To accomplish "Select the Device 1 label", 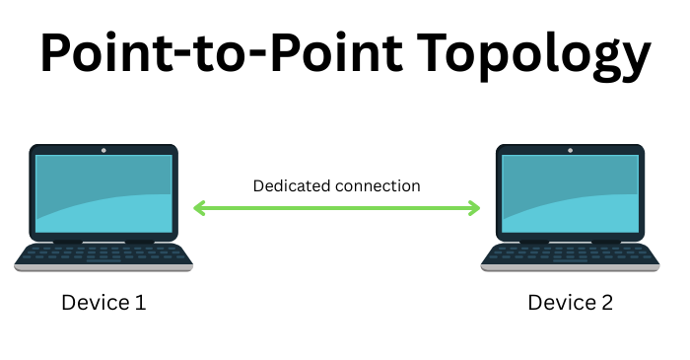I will click(103, 303).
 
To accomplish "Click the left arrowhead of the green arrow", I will click(198, 208).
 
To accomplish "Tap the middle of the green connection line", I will click(336, 208).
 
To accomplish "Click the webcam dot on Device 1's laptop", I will click(103, 150).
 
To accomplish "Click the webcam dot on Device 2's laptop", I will click(571, 150).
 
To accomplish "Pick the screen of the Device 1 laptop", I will click(103, 193).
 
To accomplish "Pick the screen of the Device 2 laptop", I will click(571, 193).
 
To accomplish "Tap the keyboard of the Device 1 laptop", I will click(103, 253).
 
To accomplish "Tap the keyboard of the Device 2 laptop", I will click(571, 253).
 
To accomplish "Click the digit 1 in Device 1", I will click(141, 303).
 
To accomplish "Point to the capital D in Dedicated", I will click(258, 185).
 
